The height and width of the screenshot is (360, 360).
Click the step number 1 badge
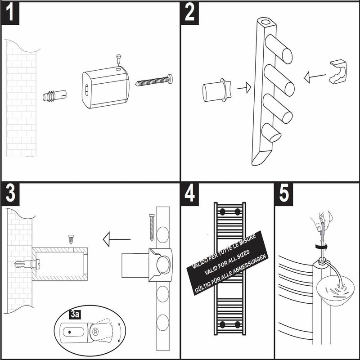pos(11,12)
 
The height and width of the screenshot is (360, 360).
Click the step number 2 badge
pos(190,12)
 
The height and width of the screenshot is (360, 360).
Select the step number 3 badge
pos(11,193)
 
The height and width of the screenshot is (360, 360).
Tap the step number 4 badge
pos(190,193)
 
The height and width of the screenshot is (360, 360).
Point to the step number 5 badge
pos(284,193)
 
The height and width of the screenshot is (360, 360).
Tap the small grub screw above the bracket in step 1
pos(119,58)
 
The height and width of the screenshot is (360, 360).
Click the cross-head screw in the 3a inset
pos(96,331)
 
